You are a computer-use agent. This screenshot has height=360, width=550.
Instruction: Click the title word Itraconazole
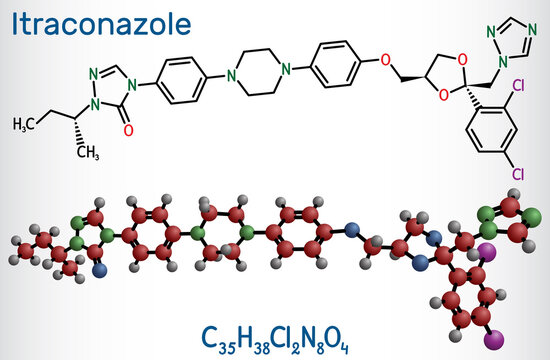pyautogui.click(x=76, y=18)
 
